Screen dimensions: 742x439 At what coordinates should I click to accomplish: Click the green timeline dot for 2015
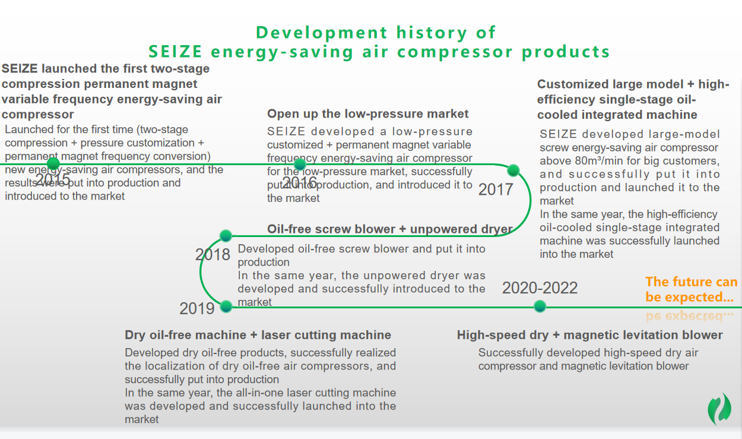[x=53, y=163]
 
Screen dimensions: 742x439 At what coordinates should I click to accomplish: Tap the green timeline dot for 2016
[x=300, y=164]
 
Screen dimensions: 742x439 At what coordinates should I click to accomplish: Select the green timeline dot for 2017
[x=513, y=170]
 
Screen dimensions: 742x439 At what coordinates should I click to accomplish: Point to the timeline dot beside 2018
[x=226, y=236]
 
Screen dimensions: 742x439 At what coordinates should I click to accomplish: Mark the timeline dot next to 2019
[x=226, y=307]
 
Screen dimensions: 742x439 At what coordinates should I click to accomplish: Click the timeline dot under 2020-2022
[x=540, y=306]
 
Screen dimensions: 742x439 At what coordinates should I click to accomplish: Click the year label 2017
[x=496, y=190]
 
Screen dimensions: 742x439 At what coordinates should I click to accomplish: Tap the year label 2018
[x=213, y=255]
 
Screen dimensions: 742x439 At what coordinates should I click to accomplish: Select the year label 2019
[x=197, y=309]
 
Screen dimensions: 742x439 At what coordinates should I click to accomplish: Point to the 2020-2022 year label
[x=540, y=288]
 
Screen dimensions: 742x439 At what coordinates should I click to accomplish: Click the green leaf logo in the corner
[x=719, y=409]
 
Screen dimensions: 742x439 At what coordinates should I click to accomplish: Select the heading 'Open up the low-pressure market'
[x=367, y=113]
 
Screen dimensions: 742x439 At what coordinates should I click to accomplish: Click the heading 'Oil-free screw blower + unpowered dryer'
[x=390, y=229]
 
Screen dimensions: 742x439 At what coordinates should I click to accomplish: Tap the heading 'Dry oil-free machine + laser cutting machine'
[x=258, y=335]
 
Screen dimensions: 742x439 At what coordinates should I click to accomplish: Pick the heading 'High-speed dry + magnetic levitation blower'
[x=589, y=335]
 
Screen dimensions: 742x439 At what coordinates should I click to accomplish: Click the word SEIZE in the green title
[x=175, y=52]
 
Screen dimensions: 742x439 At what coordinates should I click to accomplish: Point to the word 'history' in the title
[x=432, y=33]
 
